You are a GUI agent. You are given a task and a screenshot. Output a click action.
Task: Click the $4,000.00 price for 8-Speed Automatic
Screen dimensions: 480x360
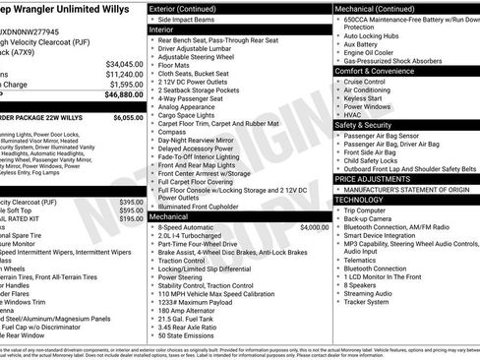pyautogui.click(x=314, y=226)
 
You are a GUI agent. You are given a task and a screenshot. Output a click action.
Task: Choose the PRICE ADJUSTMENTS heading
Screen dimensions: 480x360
pyautogui.click(x=372, y=179)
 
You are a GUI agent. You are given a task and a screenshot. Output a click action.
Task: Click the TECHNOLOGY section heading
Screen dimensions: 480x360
pyautogui.click(x=360, y=200)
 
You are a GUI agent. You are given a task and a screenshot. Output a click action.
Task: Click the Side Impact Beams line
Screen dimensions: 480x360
pyautogui.click(x=188, y=20)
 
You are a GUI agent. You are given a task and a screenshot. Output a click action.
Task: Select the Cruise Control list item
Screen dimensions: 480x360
pyautogui.click(x=366, y=82)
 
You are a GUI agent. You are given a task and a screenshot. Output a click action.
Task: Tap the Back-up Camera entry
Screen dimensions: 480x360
pyautogui.click(x=369, y=218)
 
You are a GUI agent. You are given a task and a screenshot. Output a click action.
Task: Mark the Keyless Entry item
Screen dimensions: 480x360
pyautogui.click(x=364, y=99)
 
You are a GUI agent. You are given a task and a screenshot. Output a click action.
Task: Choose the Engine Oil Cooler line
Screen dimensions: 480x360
pyautogui.click(x=369, y=52)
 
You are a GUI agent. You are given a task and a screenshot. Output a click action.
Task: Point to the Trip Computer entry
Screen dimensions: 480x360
pyautogui.click(x=365, y=210)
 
